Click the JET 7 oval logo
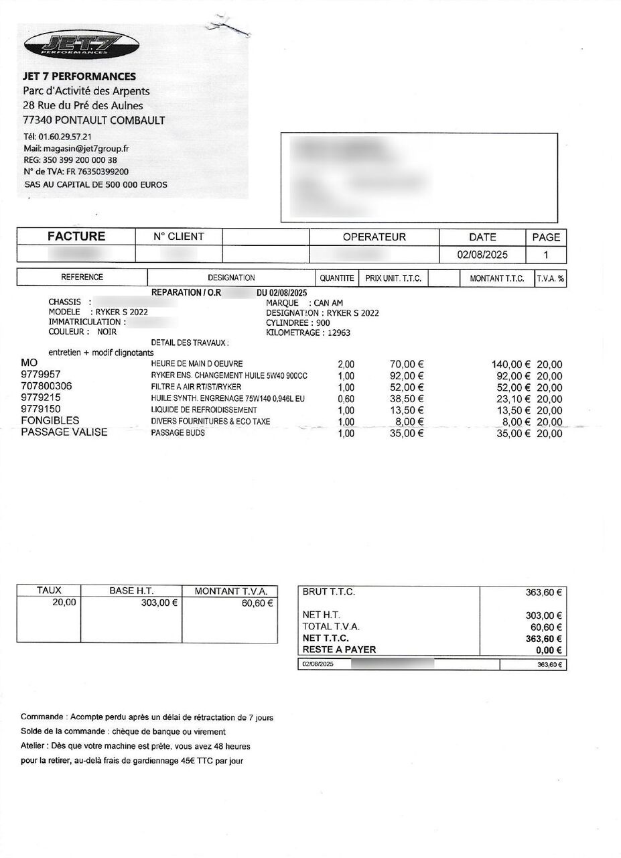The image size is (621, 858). [x=81, y=46]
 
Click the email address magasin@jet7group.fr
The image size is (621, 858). [x=86, y=148]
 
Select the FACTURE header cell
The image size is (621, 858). [x=76, y=237]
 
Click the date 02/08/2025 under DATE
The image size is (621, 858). [x=482, y=255]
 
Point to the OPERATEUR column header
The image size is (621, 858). [x=374, y=237]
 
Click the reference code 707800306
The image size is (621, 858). [x=46, y=387]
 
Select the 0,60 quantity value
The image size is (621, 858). [x=346, y=399]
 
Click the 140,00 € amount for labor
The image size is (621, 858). [x=511, y=365]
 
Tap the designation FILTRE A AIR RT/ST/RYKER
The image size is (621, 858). [x=196, y=387]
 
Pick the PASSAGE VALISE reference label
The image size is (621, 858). [x=64, y=432]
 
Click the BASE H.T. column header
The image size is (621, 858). [x=131, y=591]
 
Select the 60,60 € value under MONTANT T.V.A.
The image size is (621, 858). [x=257, y=603]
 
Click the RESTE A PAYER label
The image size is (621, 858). [x=339, y=650]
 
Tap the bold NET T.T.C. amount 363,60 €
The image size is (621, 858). [x=543, y=639]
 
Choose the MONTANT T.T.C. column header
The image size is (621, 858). [x=496, y=278]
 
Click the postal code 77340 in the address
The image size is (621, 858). [x=37, y=121]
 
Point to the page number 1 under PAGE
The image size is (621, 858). [x=546, y=255]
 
